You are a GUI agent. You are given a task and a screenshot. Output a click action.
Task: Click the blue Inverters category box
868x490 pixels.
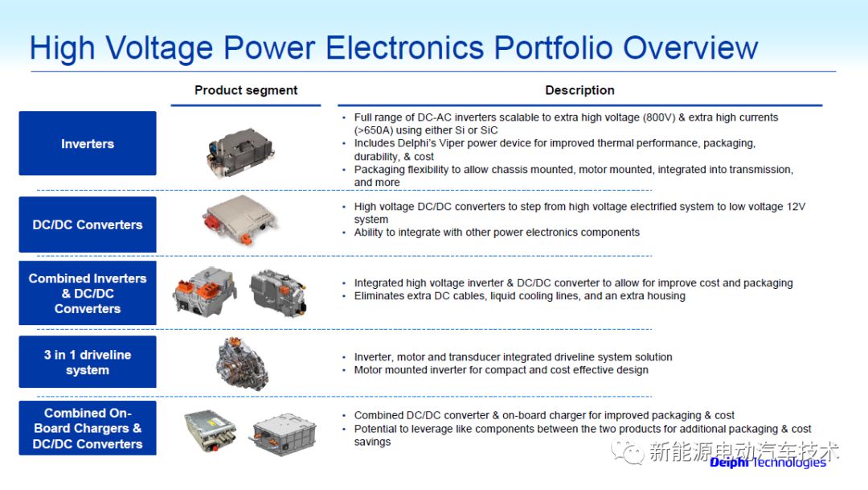88,143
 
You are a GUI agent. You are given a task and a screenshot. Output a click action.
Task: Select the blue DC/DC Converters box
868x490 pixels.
88,224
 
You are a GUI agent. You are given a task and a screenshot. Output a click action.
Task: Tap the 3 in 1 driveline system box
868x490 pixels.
88,362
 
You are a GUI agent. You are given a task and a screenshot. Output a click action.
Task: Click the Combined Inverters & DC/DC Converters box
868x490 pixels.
88,293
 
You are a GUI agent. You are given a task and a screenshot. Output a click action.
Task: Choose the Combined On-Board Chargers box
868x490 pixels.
88,428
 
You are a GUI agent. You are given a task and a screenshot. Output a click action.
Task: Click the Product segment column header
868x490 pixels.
246,90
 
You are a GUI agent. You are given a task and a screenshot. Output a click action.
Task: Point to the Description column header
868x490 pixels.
579,90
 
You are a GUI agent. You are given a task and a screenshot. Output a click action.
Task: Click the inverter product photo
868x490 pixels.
240,152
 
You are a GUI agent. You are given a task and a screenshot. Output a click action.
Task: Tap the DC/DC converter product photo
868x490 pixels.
240,220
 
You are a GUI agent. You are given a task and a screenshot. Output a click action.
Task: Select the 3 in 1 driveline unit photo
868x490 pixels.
243,364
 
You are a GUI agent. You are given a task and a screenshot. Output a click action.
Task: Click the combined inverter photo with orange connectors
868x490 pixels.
204,291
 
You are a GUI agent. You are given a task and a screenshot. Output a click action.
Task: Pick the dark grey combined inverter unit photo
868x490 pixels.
278,293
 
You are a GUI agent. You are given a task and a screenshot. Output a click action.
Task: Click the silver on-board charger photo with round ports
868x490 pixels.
211,430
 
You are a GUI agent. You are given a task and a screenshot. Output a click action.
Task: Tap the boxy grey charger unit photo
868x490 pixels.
284,434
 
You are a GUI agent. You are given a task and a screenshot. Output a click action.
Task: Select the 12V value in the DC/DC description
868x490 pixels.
796,206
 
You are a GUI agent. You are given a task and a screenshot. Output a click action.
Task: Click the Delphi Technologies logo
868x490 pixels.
768,463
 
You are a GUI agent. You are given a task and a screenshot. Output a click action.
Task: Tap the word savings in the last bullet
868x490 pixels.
373,442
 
